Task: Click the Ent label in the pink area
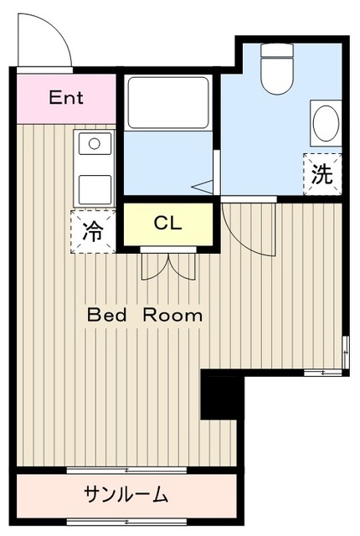coord(65,97)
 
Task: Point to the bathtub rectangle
coord(167,103)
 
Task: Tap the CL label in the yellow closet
coord(167,224)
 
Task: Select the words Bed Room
coord(145,316)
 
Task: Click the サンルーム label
coord(126,495)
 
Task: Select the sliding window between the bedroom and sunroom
coord(126,470)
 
